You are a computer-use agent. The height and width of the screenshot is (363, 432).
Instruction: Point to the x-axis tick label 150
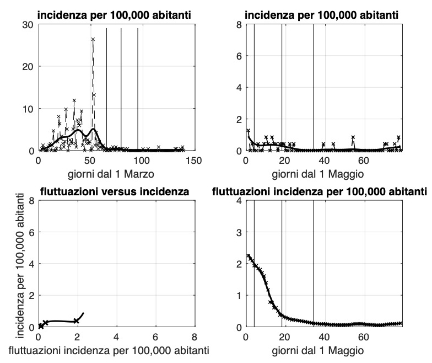tap(193, 160)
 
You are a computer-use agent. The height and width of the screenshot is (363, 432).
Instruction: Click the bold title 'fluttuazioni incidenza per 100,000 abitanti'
tap(320, 192)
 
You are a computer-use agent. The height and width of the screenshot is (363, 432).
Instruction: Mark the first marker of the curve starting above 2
tap(249, 256)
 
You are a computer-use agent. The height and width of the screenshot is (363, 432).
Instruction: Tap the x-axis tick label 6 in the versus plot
tap(155, 337)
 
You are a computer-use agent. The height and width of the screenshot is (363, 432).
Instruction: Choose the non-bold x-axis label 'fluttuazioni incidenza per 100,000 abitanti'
tap(115, 350)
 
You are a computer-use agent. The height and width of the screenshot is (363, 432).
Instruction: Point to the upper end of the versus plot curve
tap(83, 313)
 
